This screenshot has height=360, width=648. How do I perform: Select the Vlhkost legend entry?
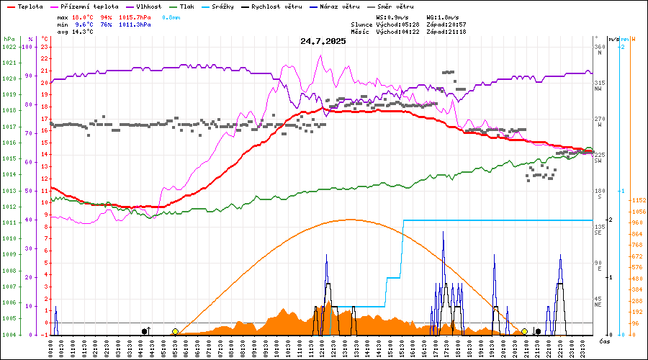click(148, 6)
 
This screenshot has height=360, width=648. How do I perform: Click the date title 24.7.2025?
click(323, 41)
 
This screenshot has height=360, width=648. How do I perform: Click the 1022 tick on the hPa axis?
click(9, 47)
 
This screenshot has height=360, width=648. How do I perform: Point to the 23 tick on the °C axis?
click(45, 47)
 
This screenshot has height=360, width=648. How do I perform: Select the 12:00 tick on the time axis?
click(324, 348)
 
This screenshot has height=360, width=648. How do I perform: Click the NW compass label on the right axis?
click(598, 89)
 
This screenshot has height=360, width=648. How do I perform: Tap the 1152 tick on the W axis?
click(637, 200)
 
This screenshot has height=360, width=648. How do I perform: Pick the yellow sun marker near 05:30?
click(175, 331)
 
